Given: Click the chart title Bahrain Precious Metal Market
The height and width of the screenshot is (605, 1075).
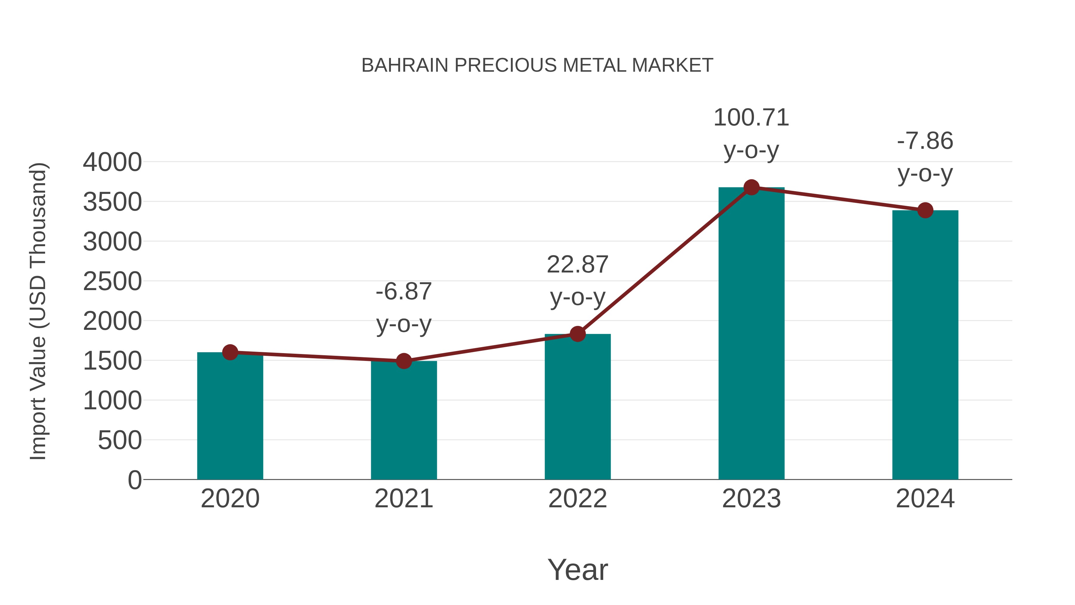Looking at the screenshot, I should pos(537,65).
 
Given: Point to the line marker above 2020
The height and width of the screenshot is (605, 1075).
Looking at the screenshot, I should pos(230,353).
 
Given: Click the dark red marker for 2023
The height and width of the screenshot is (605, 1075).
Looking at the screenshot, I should pos(751,187).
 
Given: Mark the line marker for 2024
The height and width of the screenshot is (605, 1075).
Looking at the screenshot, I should pos(925,210).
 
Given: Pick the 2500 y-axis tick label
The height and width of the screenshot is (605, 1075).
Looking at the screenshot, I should pos(112,281).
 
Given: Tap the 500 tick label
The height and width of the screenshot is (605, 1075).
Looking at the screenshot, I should pos(120,440).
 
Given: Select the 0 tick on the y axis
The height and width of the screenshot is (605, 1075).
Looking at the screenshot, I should pos(135,480).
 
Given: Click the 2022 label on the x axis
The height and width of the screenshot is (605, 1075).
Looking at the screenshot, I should pos(578,499).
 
